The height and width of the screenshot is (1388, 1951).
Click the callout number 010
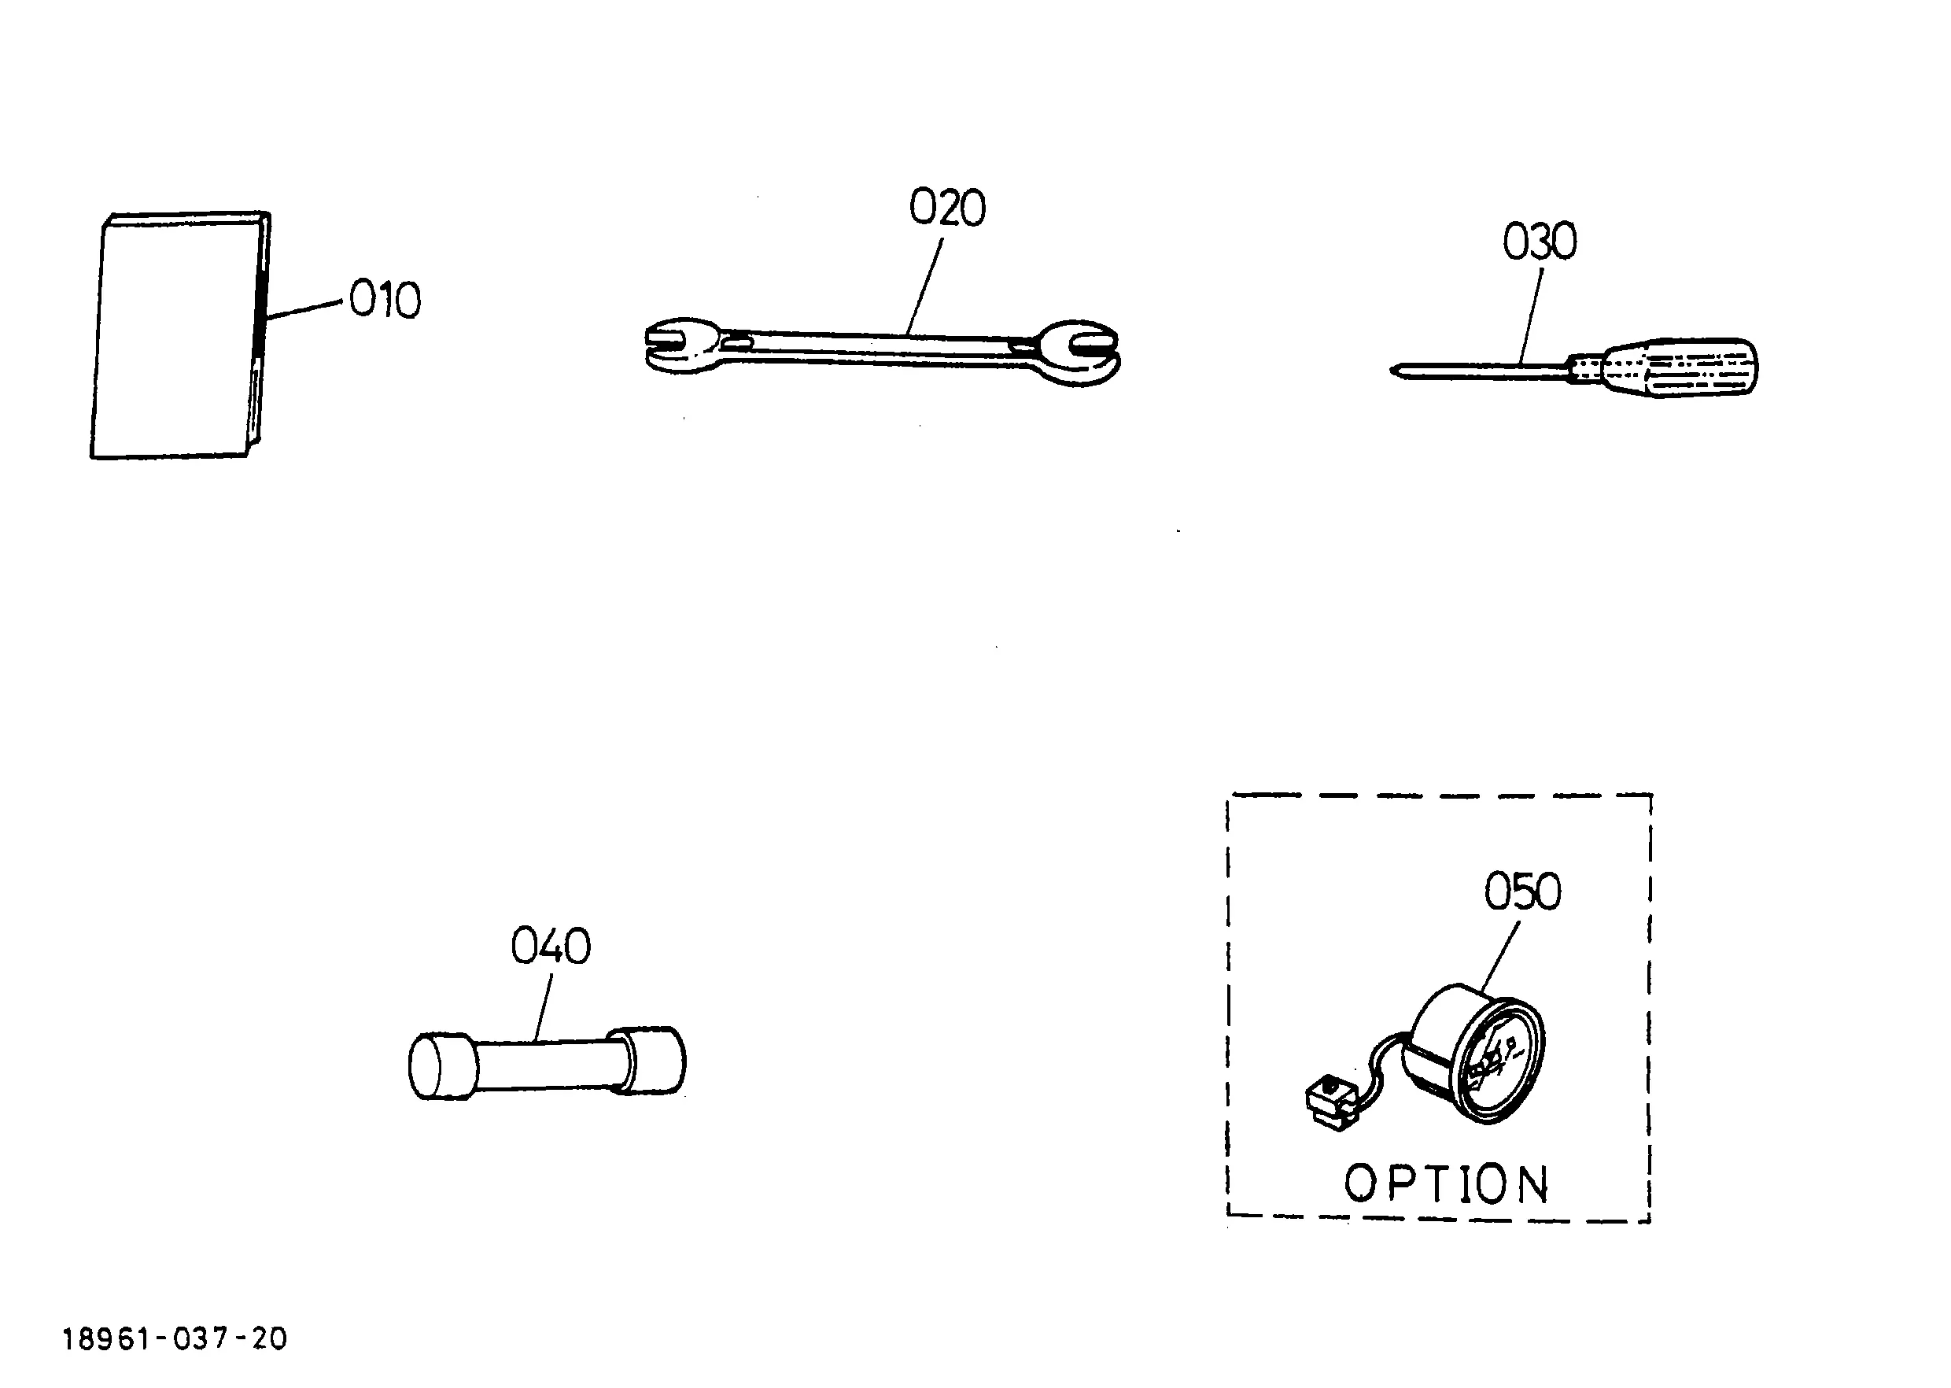click(385, 300)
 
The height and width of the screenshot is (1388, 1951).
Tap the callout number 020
click(947, 208)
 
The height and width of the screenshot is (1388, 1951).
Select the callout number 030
click(1540, 241)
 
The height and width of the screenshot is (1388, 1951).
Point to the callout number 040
click(551, 946)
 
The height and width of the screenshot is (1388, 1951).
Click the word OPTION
click(1446, 1184)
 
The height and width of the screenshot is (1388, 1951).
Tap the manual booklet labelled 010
click(180, 335)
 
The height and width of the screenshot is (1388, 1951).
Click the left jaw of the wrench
click(684, 345)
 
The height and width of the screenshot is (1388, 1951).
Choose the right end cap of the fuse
click(651, 1061)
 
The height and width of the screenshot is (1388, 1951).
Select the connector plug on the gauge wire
click(1330, 1103)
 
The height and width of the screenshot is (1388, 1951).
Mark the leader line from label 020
click(924, 286)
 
